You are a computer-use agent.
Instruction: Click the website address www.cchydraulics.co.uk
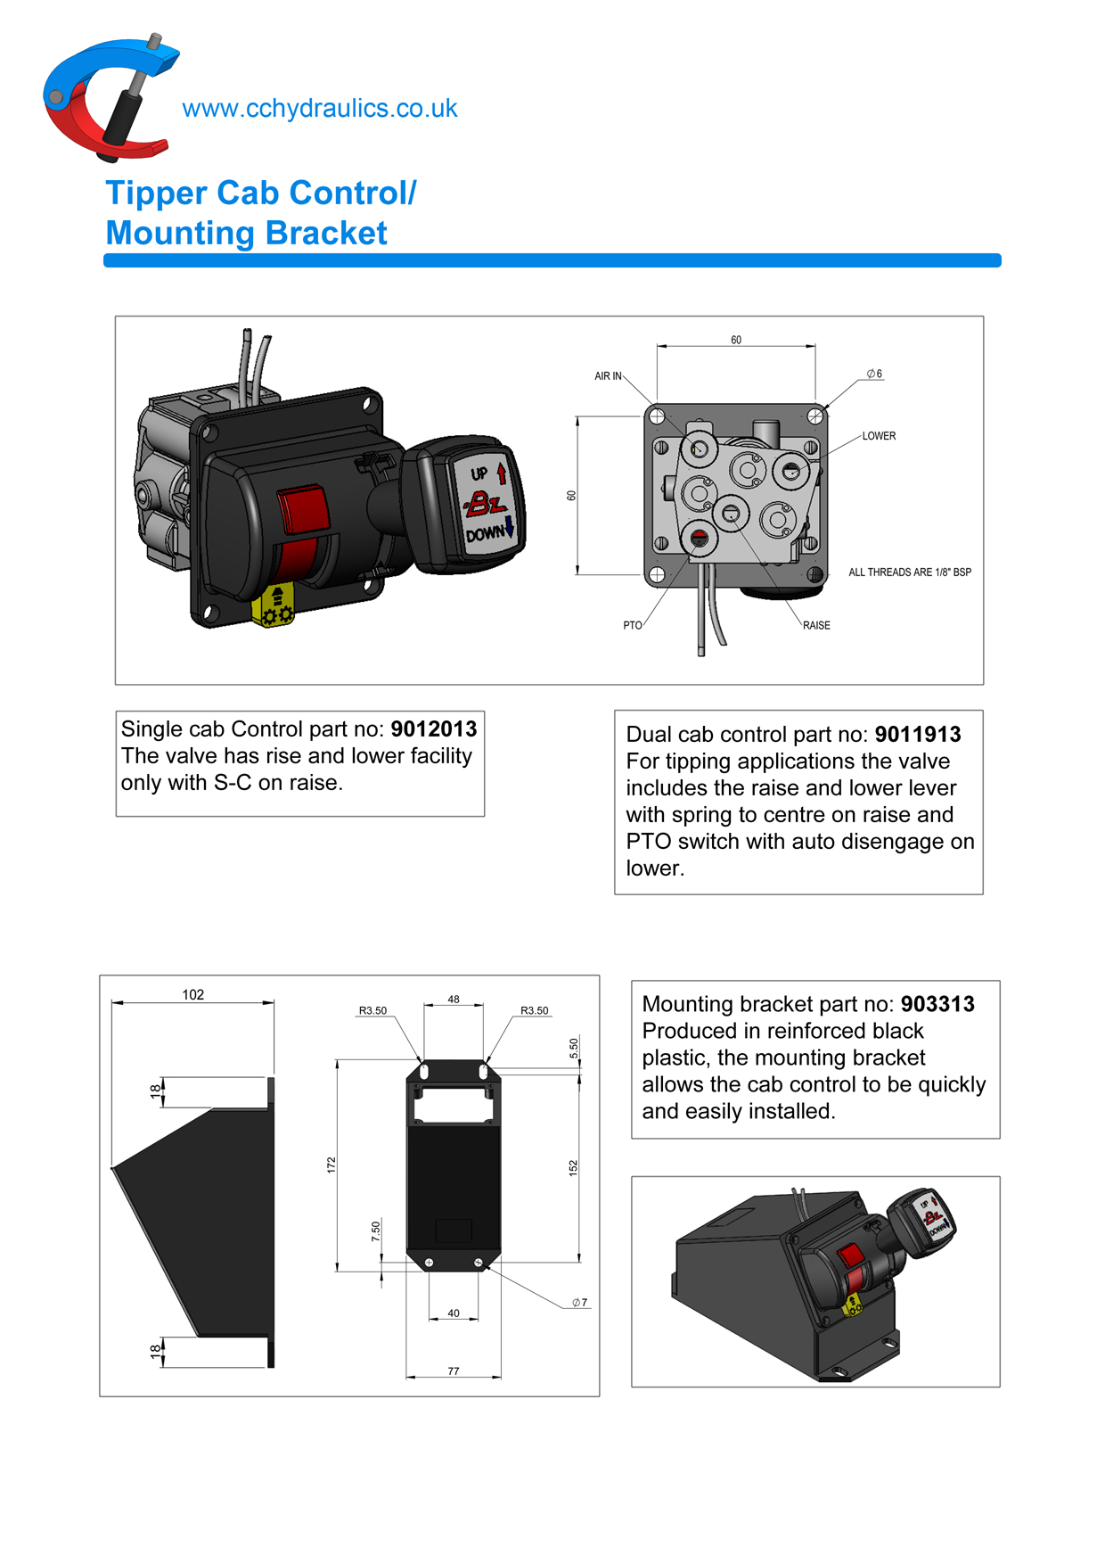click(319, 109)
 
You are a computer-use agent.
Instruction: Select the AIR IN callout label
click(608, 376)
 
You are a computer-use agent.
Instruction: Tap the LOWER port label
click(879, 436)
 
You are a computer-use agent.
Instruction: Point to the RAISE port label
click(816, 626)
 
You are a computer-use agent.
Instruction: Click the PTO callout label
click(632, 626)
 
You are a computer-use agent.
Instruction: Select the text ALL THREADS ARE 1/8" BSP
click(909, 572)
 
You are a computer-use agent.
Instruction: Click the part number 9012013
click(434, 729)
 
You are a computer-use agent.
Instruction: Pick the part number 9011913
click(918, 735)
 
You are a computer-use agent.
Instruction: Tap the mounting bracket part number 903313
click(937, 1004)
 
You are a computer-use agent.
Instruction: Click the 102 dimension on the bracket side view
click(193, 995)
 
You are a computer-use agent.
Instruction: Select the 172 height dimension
click(331, 1165)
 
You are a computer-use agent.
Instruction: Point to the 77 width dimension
click(454, 1371)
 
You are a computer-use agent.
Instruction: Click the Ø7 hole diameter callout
click(579, 1303)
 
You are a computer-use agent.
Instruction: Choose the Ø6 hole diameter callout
click(874, 375)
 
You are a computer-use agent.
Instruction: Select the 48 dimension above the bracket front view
click(454, 1000)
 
